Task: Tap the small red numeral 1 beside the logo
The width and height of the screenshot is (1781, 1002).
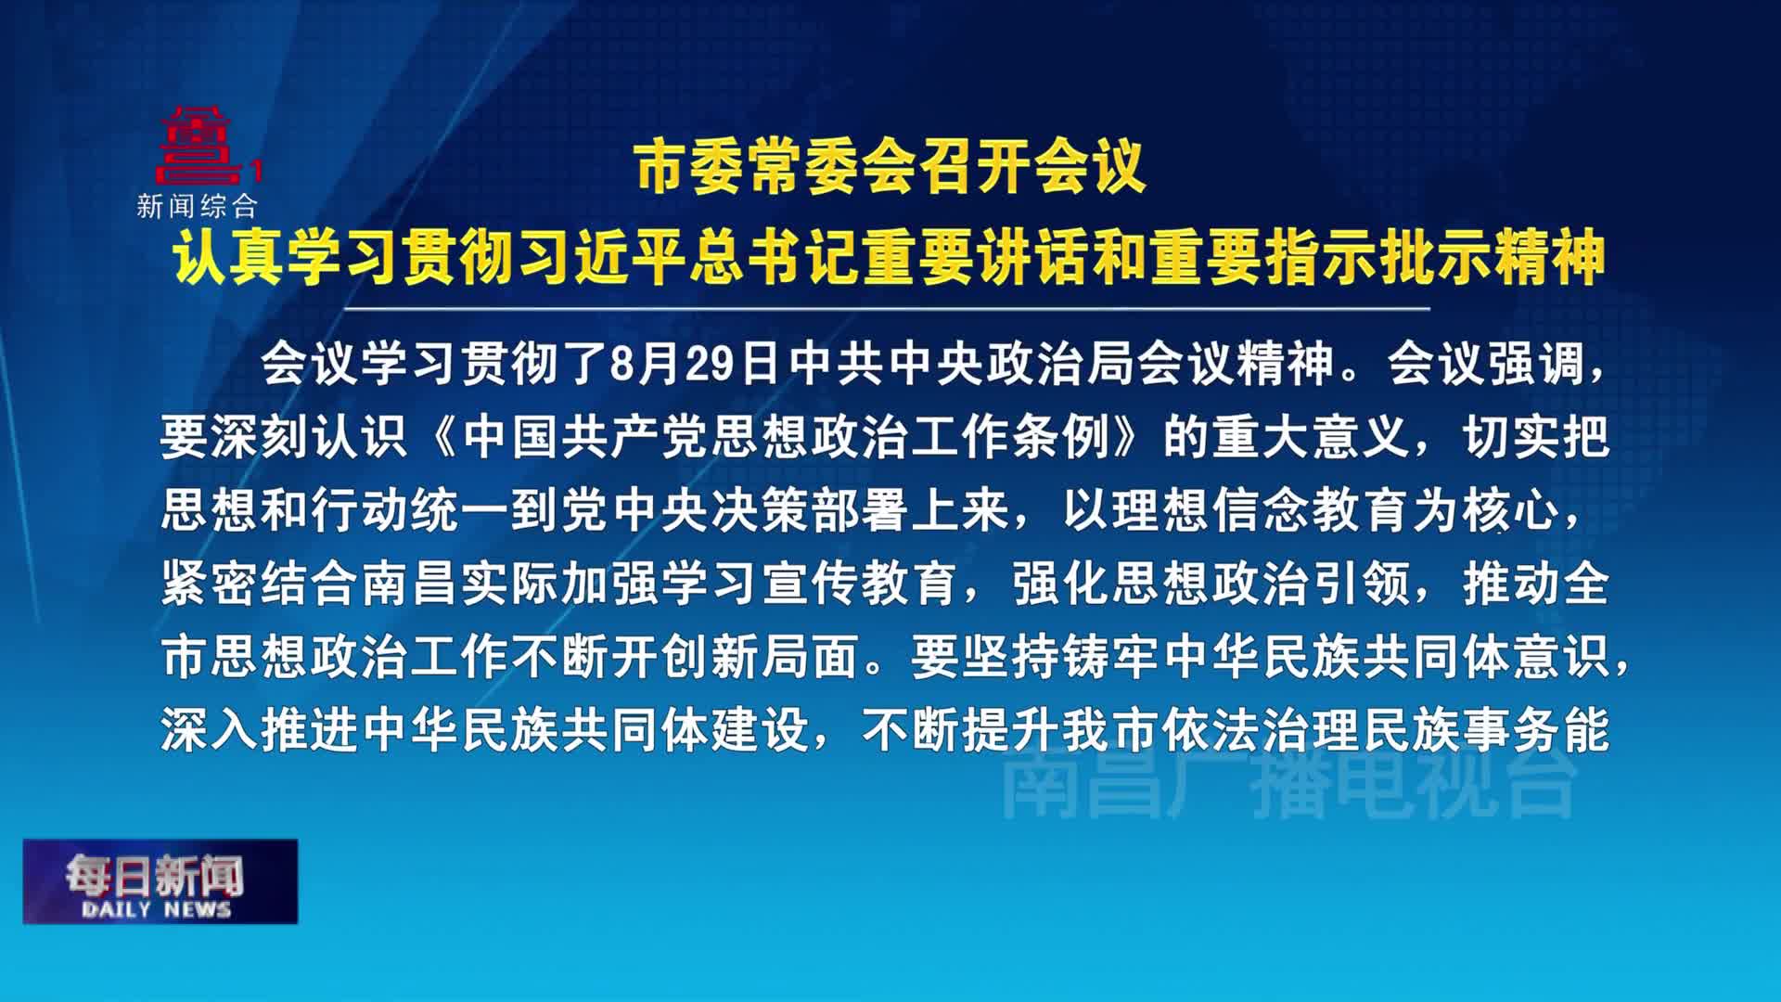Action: tap(257, 171)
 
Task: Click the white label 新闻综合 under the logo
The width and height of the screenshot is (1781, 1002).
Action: tap(197, 206)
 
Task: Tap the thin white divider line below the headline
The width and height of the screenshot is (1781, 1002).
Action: tap(887, 308)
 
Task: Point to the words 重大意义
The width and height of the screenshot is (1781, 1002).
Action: tap(1310, 437)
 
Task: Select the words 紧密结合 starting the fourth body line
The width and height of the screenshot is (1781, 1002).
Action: tap(260, 584)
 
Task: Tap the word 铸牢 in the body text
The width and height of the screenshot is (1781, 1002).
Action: tap(1110, 658)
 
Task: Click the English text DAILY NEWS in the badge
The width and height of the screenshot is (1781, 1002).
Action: tap(157, 909)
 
